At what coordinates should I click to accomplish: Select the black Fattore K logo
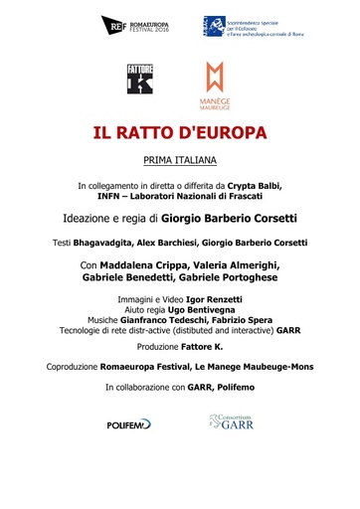tap(140, 79)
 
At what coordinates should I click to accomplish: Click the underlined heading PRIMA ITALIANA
tap(180, 159)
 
